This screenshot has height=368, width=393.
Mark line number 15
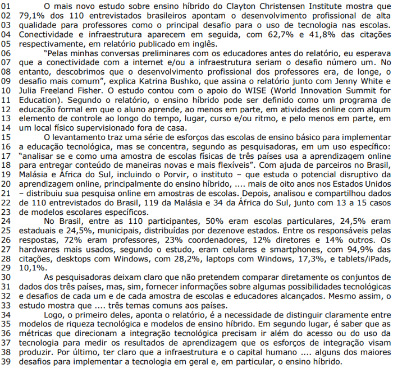(x=6, y=136)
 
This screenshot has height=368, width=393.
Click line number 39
(x=6, y=362)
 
